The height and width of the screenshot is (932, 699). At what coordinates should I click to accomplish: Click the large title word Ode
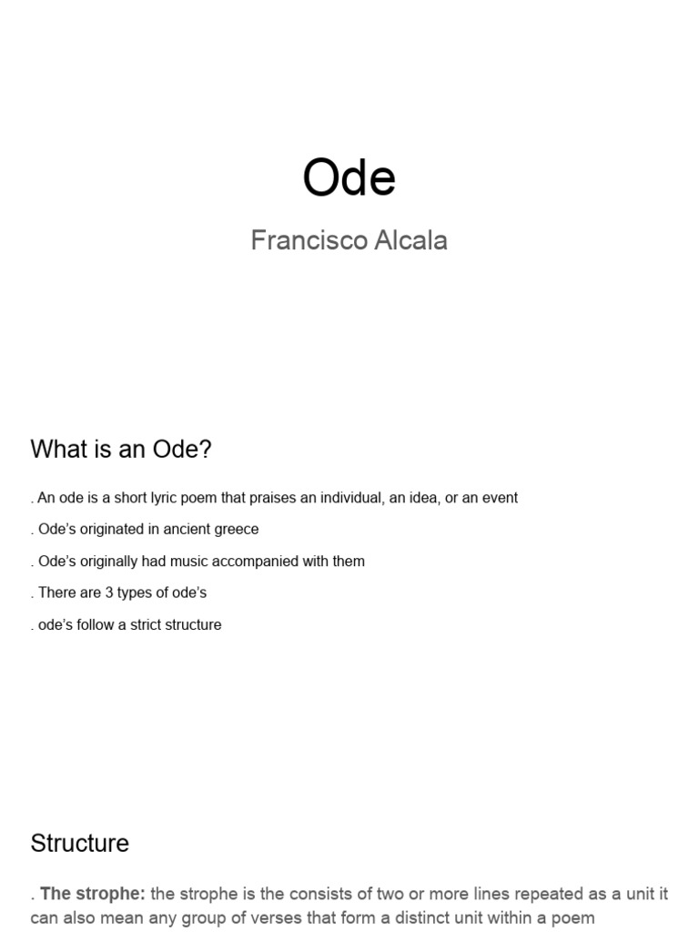coord(349,177)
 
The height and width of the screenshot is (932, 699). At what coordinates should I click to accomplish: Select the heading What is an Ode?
coord(121,449)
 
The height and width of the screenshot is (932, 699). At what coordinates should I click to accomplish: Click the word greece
coord(238,529)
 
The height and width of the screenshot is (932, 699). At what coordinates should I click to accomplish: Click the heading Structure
coord(80,843)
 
